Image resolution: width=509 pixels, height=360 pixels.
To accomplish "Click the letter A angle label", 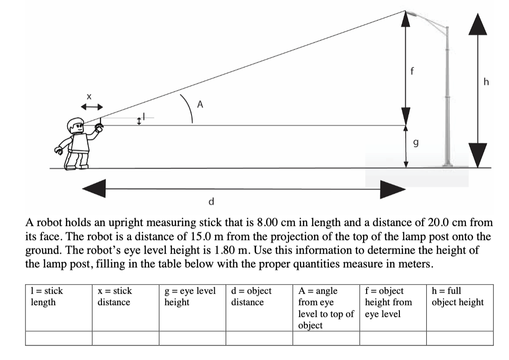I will pyautogui.click(x=199, y=104).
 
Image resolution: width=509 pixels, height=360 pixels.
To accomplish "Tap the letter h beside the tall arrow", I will pyautogui.click(x=487, y=82).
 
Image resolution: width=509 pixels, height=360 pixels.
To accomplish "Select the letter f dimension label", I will pyautogui.click(x=412, y=71).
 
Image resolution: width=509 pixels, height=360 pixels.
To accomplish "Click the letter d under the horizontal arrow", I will pyautogui.click(x=211, y=200).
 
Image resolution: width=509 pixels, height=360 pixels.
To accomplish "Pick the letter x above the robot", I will pyautogui.click(x=89, y=96).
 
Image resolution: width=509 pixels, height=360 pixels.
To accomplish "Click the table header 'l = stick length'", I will pyautogui.click(x=46, y=296).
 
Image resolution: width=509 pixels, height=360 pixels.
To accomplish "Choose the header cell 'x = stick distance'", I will pyautogui.click(x=114, y=296).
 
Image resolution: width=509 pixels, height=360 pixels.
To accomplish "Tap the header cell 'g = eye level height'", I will pyautogui.click(x=190, y=296).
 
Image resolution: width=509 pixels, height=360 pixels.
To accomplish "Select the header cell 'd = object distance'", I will pyautogui.click(x=251, y=296).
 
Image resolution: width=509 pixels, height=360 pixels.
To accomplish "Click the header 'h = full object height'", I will pyautogui.click(x=458, y=296).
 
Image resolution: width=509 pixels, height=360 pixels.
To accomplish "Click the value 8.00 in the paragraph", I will pyautogui.click(x=267, y=223).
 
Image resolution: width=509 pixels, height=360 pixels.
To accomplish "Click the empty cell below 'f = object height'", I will pyautogui.click(x=393, y=338).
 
